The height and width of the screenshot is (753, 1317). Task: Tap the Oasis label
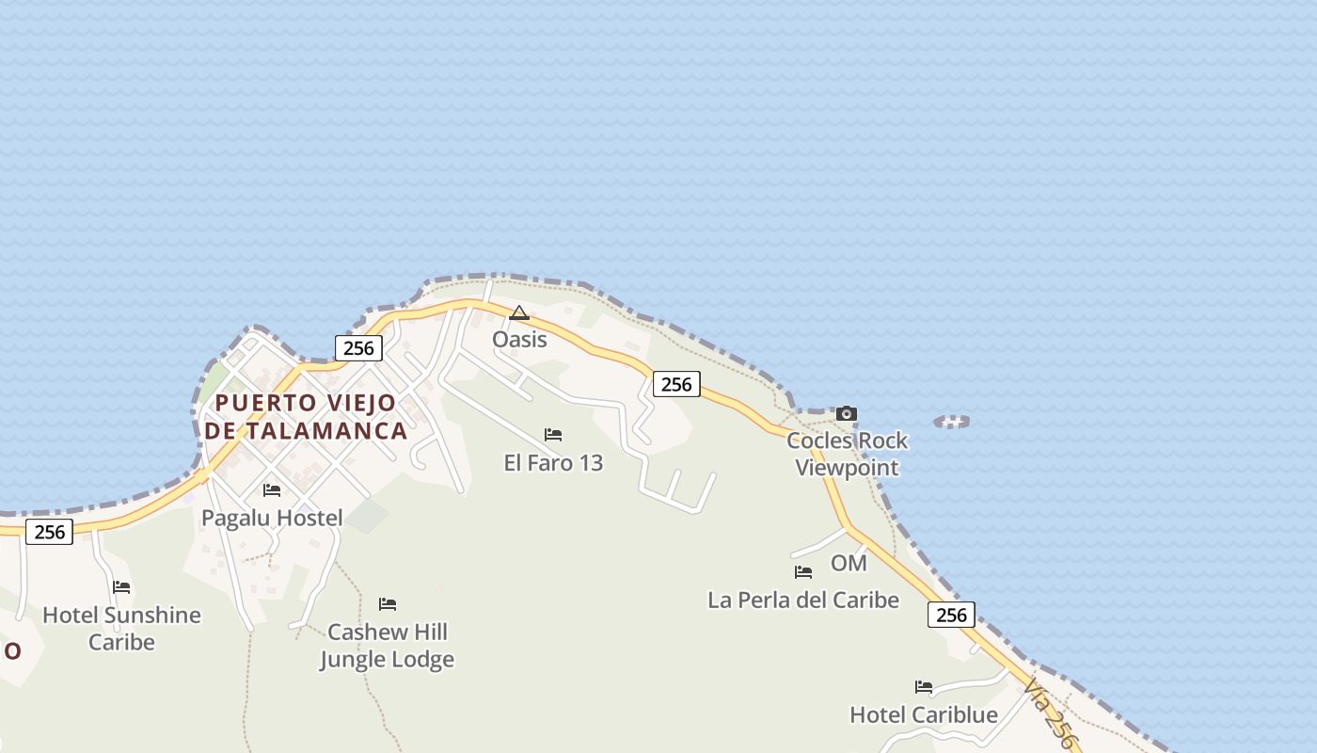coord(519,339)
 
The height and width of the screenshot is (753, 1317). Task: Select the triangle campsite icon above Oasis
coord(519,312)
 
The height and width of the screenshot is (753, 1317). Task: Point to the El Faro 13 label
coord(553,463)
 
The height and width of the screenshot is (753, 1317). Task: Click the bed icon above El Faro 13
coord(553,435)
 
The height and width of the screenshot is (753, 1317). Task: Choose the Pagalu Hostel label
coord(272,518)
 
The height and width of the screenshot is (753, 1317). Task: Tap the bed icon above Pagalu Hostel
coord(272,490)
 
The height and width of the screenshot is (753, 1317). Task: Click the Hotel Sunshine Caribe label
coord(121,628)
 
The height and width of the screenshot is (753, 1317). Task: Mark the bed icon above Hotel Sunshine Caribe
coord(121,587)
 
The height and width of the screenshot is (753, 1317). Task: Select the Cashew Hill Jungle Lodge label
coord(387,645)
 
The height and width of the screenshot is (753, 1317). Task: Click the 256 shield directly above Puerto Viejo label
coord(358,348)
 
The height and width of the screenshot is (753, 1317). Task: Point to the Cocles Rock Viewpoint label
coord(847,454)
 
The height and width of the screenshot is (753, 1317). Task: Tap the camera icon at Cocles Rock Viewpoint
coord(847,413)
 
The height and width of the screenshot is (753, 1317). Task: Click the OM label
coord(849,563)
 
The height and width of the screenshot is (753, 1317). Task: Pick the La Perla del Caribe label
coord(803,600)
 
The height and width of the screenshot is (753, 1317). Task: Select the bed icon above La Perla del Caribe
coord(803,571)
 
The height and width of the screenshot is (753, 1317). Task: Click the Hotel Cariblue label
coord(924,714)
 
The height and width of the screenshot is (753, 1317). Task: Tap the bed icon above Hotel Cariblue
coord(924,687)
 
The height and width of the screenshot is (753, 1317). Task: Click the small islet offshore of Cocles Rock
coord(952,422)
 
